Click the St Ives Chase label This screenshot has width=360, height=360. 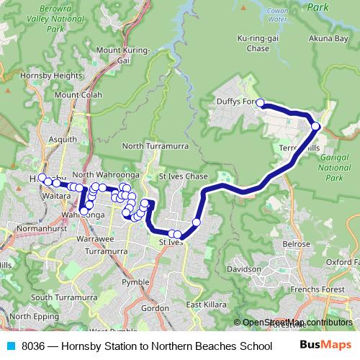[x=183, y=176]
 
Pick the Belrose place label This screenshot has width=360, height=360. [x=296, y=244]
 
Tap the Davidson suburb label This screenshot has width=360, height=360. [x=243, y=269]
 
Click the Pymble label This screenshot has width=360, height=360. [x=135, y=282]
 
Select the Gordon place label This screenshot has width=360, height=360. [x=154, y=307]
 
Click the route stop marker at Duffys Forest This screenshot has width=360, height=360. [x=261, y=103]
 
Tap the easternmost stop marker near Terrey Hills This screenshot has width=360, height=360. [x=315, y=127]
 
